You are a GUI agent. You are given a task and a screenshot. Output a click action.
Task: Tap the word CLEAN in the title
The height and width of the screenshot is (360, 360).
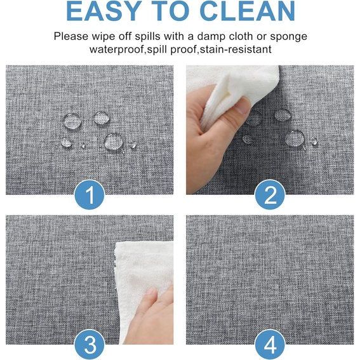click(x=248, y=11)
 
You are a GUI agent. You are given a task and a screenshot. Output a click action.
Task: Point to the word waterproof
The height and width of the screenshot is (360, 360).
click(x=117, y=50)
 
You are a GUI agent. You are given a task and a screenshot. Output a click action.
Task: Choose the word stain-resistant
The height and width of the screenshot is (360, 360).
click(x=236, y=50)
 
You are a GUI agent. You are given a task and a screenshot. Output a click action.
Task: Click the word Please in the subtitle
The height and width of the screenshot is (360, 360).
click(x=71, y=36)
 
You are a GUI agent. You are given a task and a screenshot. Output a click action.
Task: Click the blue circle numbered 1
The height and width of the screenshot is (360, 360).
click(x=90, y=195)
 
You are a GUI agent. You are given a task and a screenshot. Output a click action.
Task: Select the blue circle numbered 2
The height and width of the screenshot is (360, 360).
click(x=270, y=195)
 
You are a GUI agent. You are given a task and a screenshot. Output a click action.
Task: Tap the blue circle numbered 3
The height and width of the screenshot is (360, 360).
click(x=90, y=344)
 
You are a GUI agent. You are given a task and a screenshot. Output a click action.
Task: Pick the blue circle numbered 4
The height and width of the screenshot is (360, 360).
click(x=270, y=344)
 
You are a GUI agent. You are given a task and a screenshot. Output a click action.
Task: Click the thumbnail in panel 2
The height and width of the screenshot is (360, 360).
click(x=242, y=107)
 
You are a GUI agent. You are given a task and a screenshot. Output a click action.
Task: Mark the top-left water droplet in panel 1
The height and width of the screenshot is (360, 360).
click(x=72, y=121)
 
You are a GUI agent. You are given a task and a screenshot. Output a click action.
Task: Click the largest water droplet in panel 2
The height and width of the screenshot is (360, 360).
click(x=295, y=138)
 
